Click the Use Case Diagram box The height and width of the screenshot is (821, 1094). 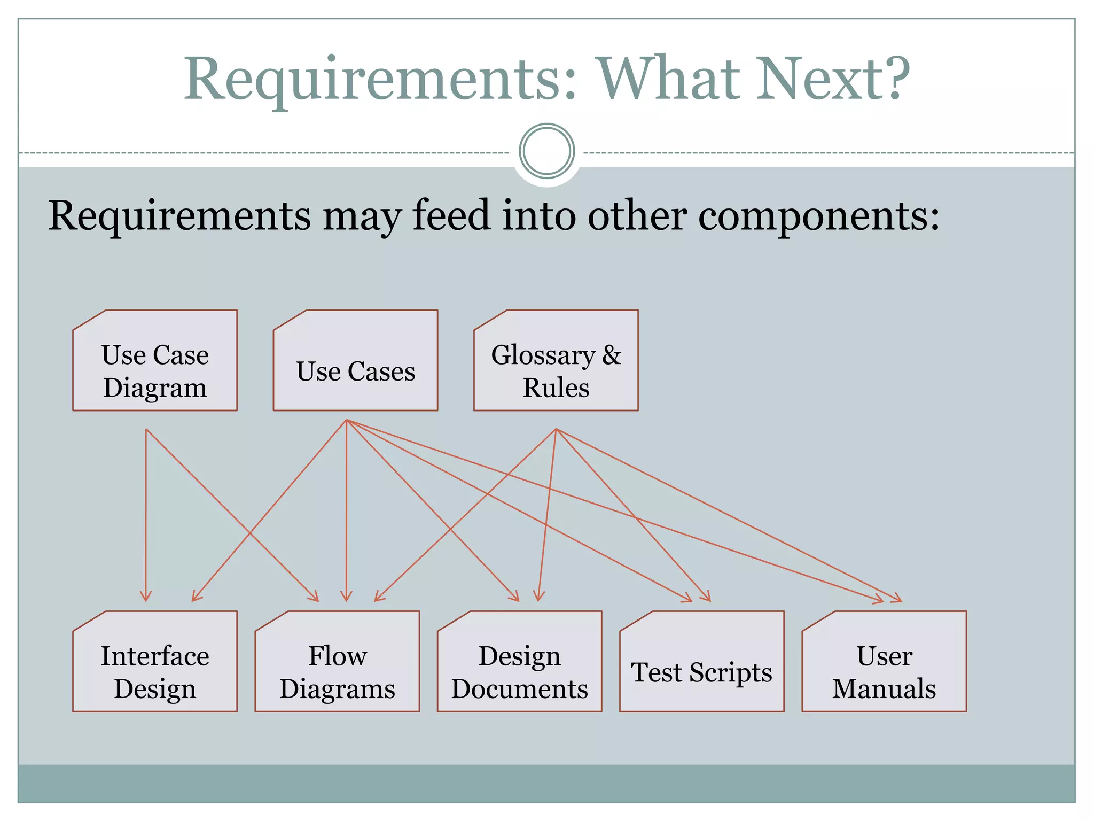(155, 361)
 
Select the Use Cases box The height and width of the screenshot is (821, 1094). (355, 361)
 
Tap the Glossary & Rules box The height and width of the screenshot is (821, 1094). (556, 361)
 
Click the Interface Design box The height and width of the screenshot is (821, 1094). (155, 662)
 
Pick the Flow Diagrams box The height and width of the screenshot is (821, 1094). (337, 662)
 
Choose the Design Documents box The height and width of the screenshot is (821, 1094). (519, 662)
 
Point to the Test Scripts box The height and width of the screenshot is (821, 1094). (701, 662)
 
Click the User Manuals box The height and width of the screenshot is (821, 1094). (884, 662)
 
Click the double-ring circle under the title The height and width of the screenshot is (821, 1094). (546, 151)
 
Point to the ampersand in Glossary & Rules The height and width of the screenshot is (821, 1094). (612, 355)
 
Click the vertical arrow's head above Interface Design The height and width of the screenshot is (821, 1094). (146, 597)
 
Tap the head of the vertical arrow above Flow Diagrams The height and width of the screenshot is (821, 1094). (346, 597)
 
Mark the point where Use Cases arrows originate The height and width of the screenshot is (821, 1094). (346, 420)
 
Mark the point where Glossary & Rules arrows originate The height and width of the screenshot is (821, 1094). (556, 429)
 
